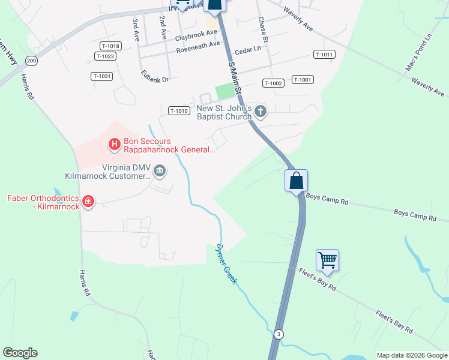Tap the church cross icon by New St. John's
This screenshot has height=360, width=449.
pos(261,111)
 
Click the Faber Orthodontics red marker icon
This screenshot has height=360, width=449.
pos(88,202)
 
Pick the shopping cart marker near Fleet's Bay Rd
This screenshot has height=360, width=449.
pos(328,261)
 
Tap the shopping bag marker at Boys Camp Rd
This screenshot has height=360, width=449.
pos(296,181)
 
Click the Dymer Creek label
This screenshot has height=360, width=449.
pos(226,263)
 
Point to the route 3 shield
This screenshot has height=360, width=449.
pos(278,334)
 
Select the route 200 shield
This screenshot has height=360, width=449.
pos(32,61)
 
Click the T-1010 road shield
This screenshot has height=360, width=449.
pos(179,110)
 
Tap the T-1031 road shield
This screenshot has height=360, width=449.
pos(102,76)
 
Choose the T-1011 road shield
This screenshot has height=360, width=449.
pos(324,55)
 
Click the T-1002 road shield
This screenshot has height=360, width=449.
pos(273,83)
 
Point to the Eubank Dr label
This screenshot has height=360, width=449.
pos(155,78)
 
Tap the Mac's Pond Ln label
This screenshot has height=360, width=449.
pos(418,53)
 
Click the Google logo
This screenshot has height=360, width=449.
pos(20,353)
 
